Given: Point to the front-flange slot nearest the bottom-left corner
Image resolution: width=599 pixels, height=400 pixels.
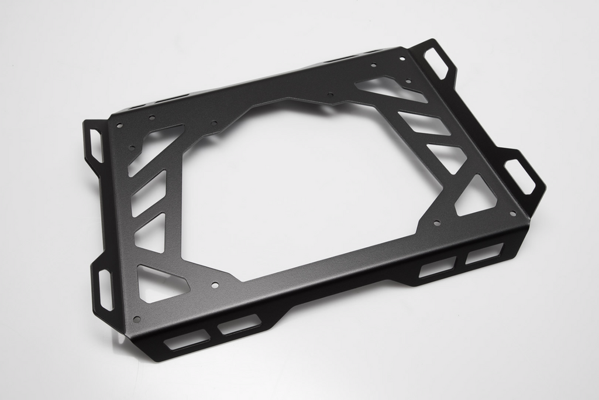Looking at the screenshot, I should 186,339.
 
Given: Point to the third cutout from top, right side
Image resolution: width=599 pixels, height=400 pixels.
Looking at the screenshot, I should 447,156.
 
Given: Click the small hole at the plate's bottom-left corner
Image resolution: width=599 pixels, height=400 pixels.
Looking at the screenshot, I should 137,319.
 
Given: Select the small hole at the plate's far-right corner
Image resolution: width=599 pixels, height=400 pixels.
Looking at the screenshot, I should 512,213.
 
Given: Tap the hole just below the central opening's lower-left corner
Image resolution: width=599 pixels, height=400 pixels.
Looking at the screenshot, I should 215,285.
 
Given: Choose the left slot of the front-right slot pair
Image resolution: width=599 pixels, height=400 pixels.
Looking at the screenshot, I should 438,267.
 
